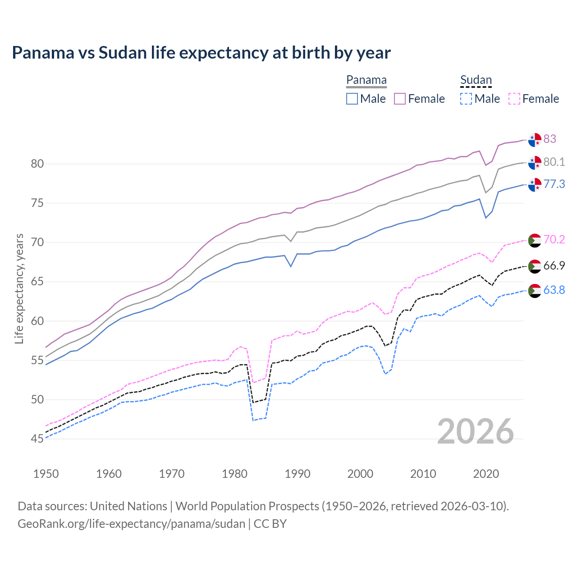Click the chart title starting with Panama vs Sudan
[201, 53]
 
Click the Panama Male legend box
[352, 99]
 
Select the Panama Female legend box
[400, 99]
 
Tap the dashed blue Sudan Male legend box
[466, 99]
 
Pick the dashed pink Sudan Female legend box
[514, 99]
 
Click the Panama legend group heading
[366, 80]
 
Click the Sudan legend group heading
[476, 80]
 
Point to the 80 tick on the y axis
[37, 164]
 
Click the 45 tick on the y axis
[37, 439]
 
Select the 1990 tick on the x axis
[298, 474]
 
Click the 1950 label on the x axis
[46, 474]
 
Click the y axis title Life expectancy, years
[19, 288]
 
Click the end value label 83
[550, 139]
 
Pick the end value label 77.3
[554, 184]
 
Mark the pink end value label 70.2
[554, 239]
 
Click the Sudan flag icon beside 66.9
[535, 266]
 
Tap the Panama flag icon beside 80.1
[535, 162]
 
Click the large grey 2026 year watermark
[476, 431]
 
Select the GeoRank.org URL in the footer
[131, 524]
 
